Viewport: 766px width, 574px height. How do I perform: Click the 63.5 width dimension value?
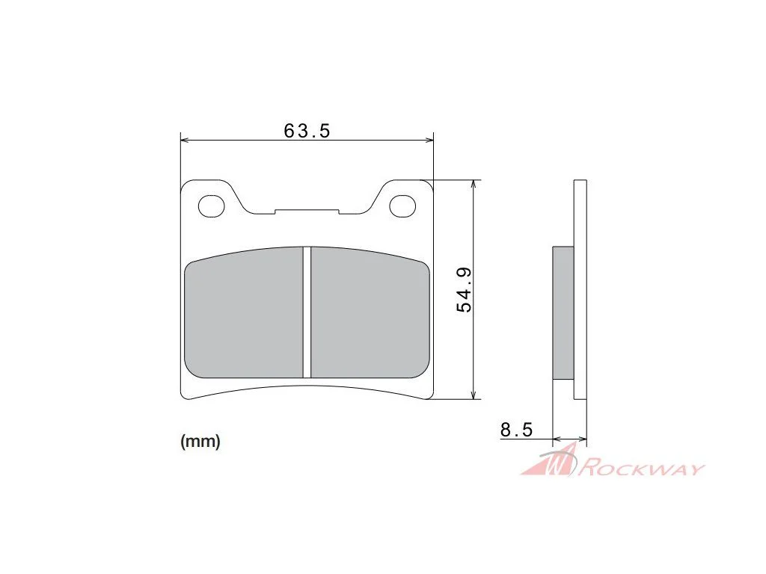tap(307, 131)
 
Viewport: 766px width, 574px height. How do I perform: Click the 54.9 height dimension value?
tap(464, 289)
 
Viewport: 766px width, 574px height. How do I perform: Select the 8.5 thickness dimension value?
tap(516, 430)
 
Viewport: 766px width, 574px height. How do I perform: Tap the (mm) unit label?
tap(200, 441)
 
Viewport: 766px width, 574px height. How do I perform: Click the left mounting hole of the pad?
tap(211, 206)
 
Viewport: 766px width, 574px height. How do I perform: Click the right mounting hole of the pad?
tap(402, 206)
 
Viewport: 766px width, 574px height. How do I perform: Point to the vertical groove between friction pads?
tap(307, 312)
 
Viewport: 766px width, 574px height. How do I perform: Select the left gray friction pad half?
tap(244, 313)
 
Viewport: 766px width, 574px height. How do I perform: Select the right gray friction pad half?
tap(370, 313)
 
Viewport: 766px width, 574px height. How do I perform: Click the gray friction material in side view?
tap(563, 313)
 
